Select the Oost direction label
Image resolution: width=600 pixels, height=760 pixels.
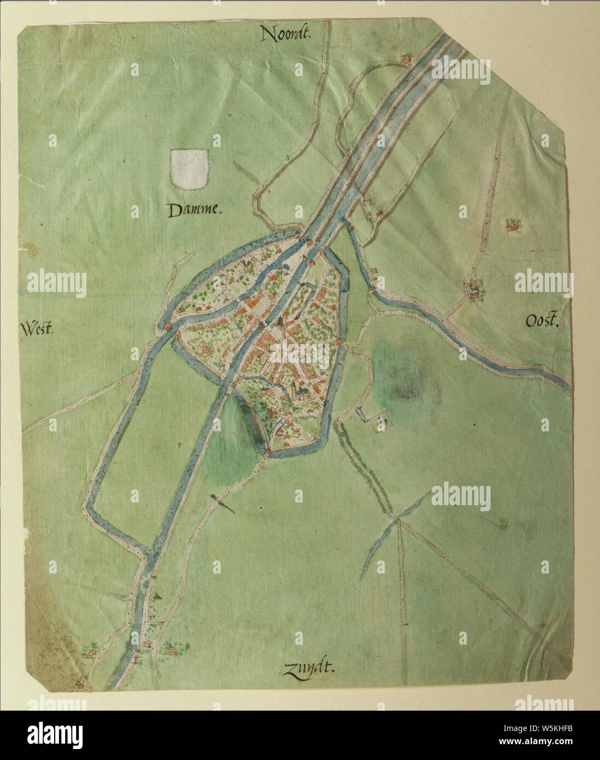click(543, 323)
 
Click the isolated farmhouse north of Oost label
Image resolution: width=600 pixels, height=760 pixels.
click(512, 224)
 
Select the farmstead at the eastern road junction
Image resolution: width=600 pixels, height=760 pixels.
click(473, 290)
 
